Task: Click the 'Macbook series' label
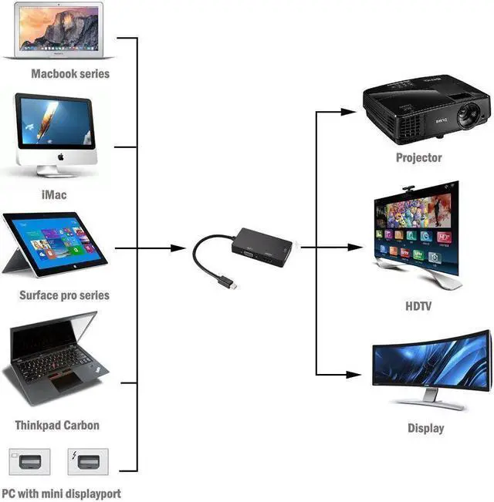click(70, 73)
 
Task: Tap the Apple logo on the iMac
click(61, 157)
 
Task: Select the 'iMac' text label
click(54, 194)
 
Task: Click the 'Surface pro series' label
click(64, 295)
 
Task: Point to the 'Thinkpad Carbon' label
click(57, 425)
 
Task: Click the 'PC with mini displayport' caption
click(61, 494)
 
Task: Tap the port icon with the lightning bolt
click(88, 462)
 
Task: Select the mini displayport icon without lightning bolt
click(29, 462)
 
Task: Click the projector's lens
click(468, 115)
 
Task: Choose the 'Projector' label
click(418, 157)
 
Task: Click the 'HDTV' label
click(418, 306)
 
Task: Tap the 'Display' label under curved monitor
click(426, 428)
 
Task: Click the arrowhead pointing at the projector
click(348, 112)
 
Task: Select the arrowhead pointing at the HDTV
click(355, 248)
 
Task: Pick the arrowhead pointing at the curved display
click(354, 375)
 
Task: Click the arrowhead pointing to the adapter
click(178, 248)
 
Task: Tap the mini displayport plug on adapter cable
click(230, 283)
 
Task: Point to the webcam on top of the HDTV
click(408, 189)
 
